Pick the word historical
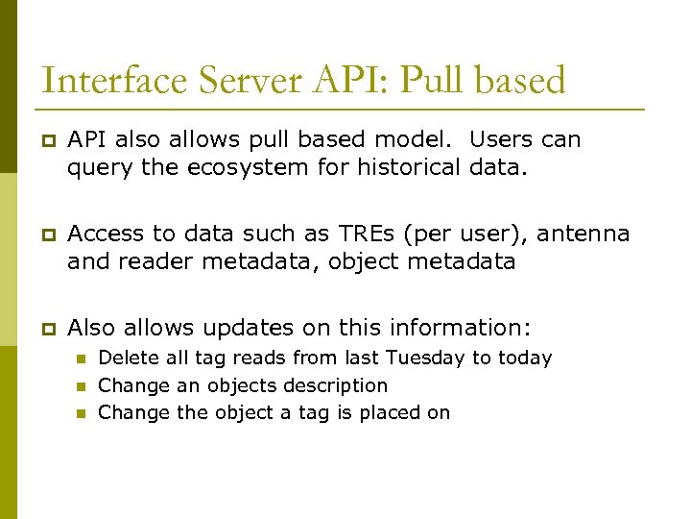pyautogui.click(x=410, y=168)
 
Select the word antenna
pyautogui.click(x=584, y=234)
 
